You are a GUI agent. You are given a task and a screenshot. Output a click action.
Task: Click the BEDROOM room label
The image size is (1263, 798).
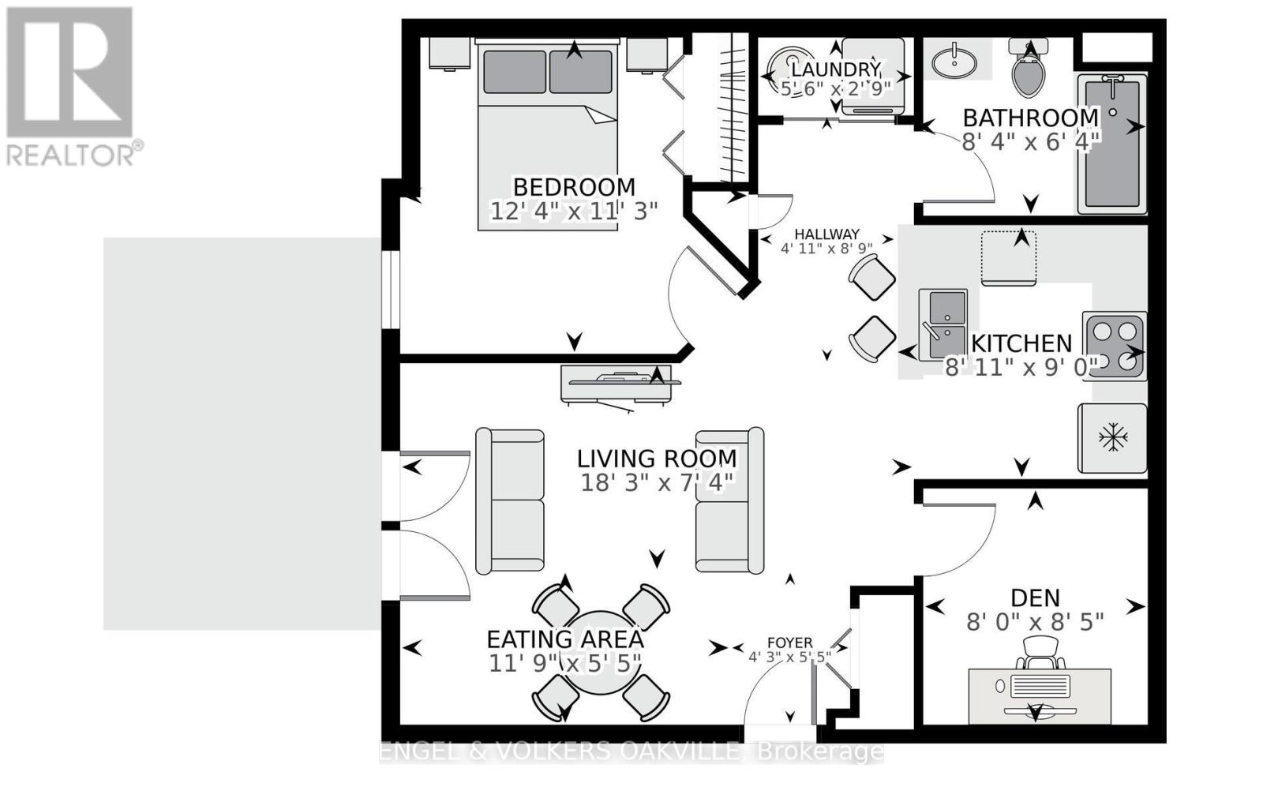pos(574,187)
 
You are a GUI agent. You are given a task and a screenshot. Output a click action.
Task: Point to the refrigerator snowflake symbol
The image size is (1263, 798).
pos(1113,436)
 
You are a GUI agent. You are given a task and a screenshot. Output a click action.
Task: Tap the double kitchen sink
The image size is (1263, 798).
pos(943,324)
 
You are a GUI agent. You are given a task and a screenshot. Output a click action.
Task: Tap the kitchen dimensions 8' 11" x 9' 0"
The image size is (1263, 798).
pos(1021,367)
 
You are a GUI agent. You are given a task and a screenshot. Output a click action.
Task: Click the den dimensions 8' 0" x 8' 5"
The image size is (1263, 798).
pos(1035,622)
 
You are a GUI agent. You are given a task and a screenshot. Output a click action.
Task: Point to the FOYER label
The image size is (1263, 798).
pos(789,643)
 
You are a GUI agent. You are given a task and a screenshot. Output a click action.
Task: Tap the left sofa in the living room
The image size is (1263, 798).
pos(510,500)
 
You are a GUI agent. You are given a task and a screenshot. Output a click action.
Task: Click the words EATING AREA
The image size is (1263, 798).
pos(564,639)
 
